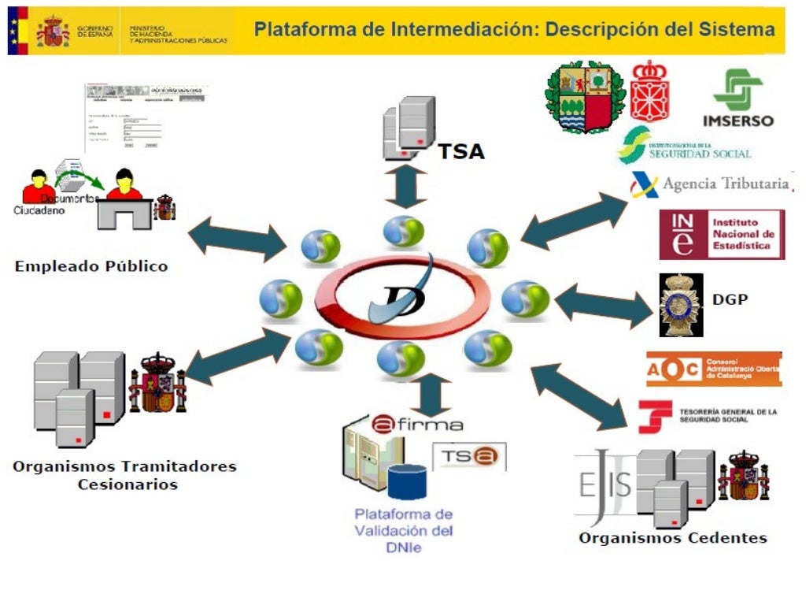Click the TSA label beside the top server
[460, 150]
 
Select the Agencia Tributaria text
[725, 184]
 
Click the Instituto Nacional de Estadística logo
[722, 234]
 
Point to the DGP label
[730, 299]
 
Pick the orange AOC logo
[714, 369]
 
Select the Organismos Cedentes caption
[673, 538]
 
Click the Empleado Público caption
[91, 266]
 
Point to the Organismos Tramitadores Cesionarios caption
[124, 474]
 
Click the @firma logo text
[416, 424]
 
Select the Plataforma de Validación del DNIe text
[404, 530]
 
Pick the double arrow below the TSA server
[406, 187]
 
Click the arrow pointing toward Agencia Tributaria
[574, 221]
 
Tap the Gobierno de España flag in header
[17, 30]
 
